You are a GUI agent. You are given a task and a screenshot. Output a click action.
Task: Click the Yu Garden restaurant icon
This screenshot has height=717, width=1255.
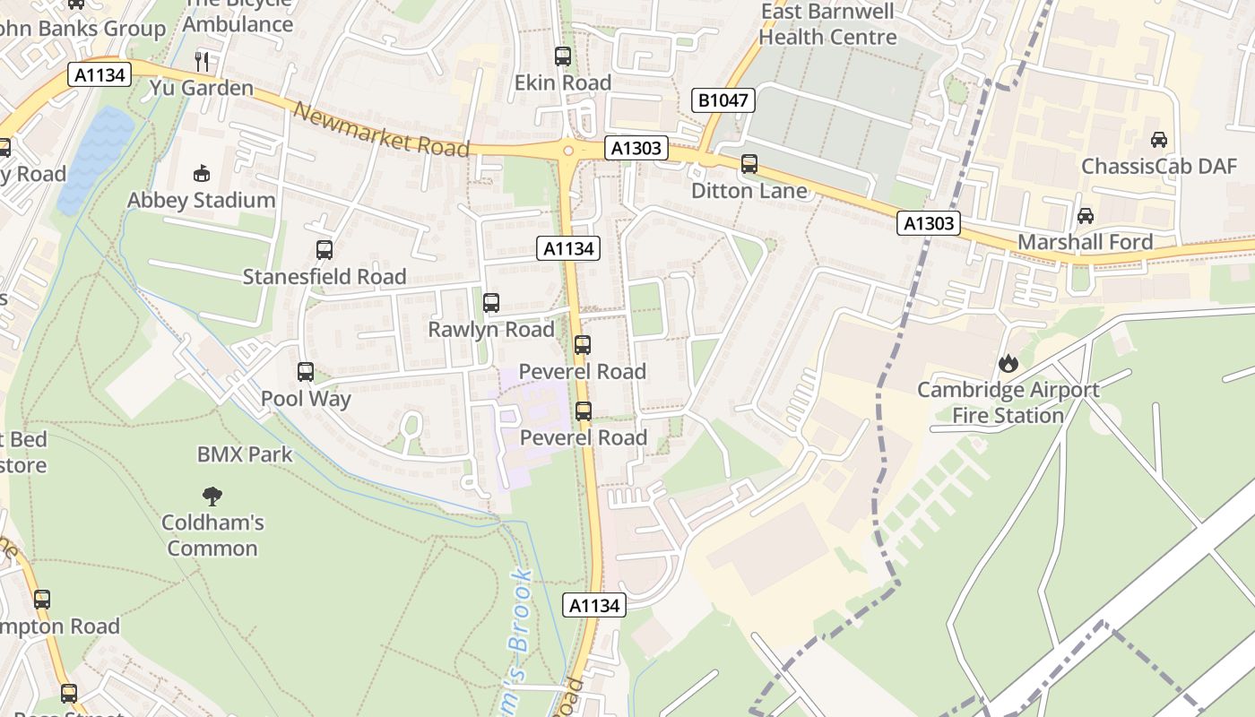click(x=202, y=62)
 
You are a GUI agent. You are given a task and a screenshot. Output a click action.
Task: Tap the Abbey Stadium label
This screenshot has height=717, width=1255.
click(x=201, y=200)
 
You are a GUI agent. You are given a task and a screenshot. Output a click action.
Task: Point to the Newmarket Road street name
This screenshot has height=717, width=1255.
click(x=381, y=130)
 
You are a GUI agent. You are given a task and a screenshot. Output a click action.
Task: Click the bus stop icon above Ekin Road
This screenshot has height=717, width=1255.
click(x=563, y=56)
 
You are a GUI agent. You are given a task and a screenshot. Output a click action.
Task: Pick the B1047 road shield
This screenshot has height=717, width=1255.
click(x=723, y=100)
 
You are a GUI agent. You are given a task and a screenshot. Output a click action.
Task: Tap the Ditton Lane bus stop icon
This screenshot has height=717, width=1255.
click(x=749, y=164)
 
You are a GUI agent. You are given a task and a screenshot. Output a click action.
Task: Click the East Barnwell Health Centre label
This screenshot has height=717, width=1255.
click(x=827, y=24)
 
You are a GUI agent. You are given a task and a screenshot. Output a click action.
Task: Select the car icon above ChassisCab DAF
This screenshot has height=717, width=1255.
click(x=1159, y=140)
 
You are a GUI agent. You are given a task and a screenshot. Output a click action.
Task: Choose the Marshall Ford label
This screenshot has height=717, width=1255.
click(x=1085, y=242)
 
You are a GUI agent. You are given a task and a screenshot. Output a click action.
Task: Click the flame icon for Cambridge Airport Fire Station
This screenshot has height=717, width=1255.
click(x=1008, y=364)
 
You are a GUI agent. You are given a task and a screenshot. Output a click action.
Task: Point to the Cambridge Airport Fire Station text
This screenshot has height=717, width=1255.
click(x=1008, y=402)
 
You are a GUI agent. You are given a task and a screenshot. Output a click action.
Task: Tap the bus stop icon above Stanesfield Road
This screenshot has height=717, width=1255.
click(x=325, y=250)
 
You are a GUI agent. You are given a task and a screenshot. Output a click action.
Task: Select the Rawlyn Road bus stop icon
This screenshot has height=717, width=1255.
click(x=491, y=303)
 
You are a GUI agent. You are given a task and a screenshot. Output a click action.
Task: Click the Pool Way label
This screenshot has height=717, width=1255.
click(x=306, y=398)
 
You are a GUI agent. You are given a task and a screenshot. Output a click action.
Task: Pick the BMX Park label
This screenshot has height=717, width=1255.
click(x=245, y=454)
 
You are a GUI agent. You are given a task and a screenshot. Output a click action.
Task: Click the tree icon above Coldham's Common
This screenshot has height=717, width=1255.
click(x=212, y=496)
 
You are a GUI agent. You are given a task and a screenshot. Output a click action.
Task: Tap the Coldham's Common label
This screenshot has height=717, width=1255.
click(x=212, y=535)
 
